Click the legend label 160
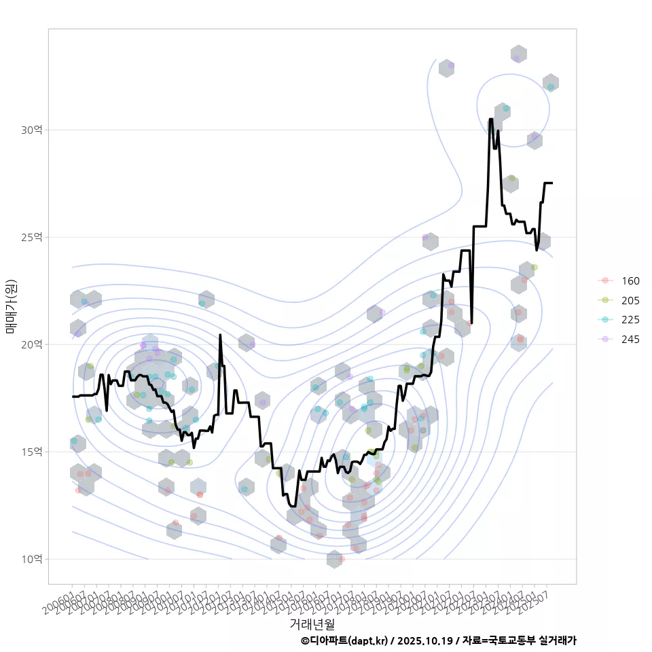tap(630, 281)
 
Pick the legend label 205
tap(630, 301)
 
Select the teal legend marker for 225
tap(604, 321)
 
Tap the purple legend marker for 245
tap(604, 340)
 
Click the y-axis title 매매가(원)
tap(11, 306)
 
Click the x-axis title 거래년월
tap(312, 623)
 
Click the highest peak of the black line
tap(490, 119)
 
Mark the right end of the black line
tap(551, 183)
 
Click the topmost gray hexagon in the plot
tap(519, 54)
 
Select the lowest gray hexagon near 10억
tap(334, 559)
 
